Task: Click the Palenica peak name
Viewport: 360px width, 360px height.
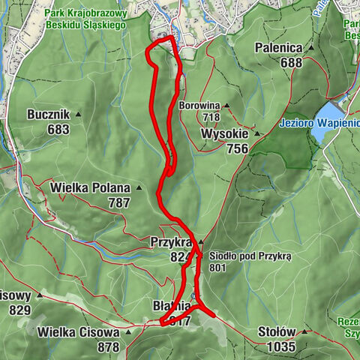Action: point(277,48)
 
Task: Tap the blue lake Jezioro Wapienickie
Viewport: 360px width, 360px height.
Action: point(328,132)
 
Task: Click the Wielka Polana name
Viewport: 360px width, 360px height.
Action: point(90,187)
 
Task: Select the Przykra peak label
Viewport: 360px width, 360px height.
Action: point(172,242)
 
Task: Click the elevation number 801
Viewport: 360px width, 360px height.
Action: point(218,267)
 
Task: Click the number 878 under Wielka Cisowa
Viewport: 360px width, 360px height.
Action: point(109,347)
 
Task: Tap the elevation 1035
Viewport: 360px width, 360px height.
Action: point(282,347)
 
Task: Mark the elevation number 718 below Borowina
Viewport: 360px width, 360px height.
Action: point(210,117)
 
